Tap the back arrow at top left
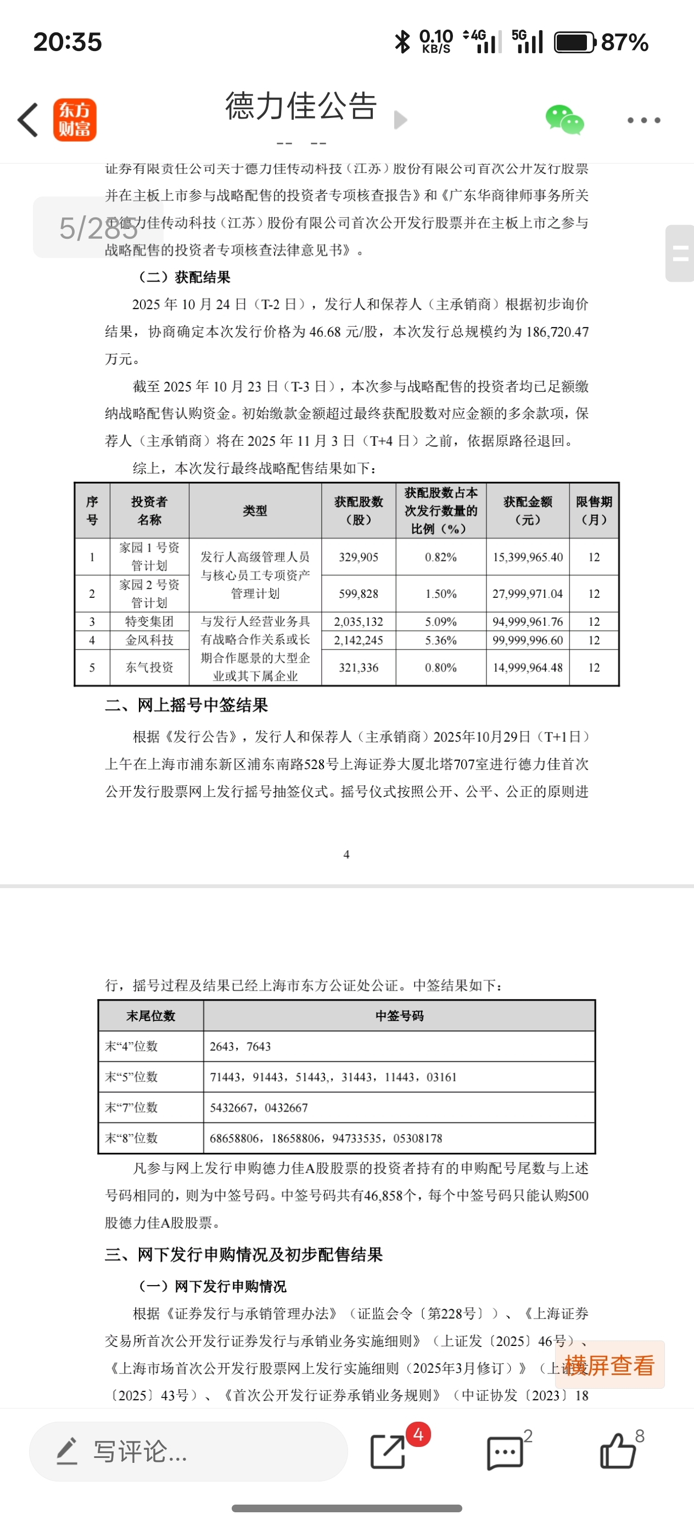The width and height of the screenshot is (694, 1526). pos(28,120)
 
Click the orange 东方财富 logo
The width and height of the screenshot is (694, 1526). pos(75,120)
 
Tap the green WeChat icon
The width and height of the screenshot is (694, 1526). pos(564,120)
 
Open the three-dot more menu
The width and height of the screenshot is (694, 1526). pos(643,120)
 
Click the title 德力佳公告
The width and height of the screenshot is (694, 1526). pos(300,106)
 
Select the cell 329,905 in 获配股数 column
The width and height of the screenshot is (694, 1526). pos(359,557)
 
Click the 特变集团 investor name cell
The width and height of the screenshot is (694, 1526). pos(149,621)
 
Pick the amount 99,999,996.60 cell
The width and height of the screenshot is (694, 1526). pos(528,640)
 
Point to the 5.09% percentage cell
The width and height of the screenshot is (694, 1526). pos(440,621)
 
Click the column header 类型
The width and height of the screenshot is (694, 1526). pos(255,510)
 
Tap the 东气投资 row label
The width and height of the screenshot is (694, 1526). pos(149,667)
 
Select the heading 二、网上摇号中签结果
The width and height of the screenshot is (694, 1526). pos(187,705)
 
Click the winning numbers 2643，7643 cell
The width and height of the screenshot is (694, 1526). pos(240,1046)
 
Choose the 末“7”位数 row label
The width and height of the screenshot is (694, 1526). pos(132,1107)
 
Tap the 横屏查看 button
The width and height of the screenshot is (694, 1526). pos(609,1365)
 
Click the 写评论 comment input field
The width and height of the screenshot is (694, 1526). pos(188,1451)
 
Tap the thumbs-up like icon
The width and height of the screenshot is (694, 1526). pos(618,1451)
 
